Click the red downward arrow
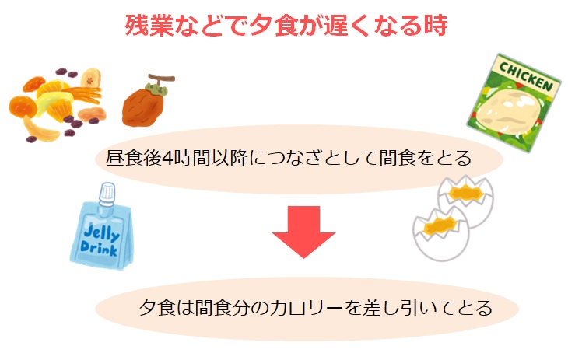pos(303,229)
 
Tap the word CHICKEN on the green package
pos(525,75)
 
